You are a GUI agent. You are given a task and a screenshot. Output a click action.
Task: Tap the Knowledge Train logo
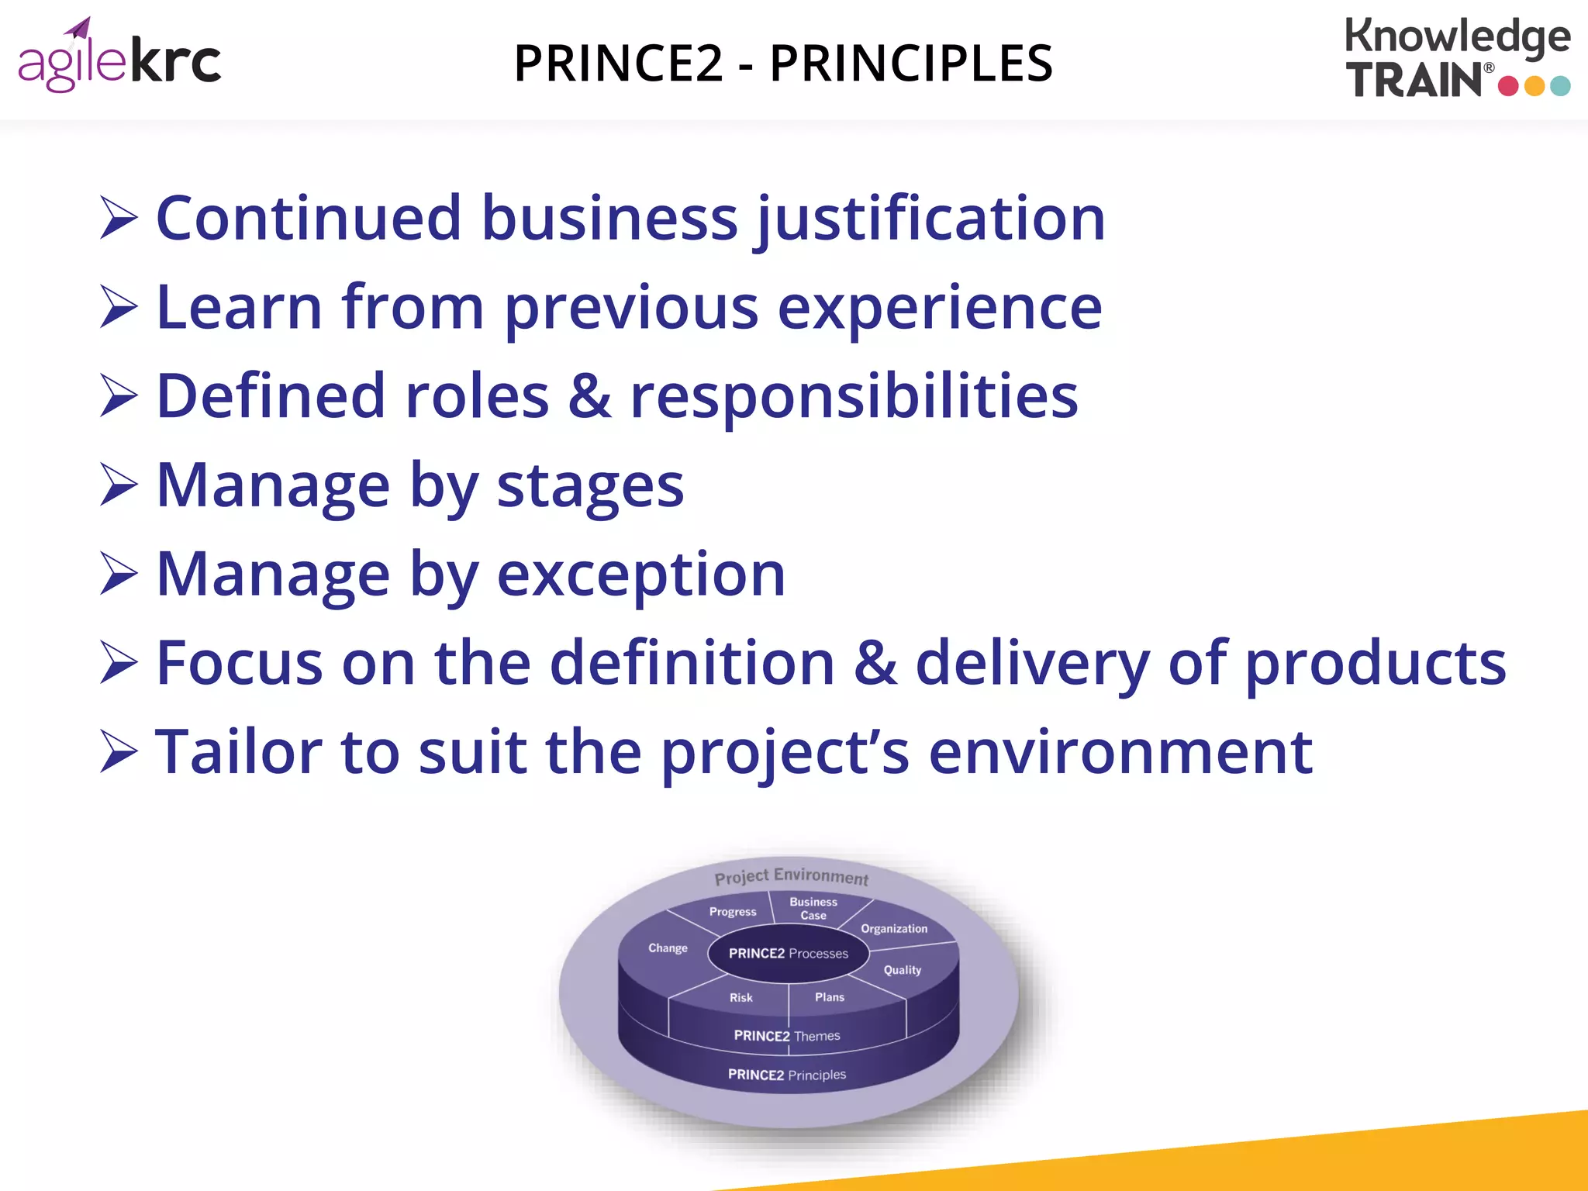click(x=1458, y=58)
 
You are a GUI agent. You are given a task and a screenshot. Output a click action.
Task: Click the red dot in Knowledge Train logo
click(x=1508, y=85)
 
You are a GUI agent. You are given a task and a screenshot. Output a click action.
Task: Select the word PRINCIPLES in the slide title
click(x=911, y=64)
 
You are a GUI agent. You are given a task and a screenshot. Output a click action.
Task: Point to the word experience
click(x=940, y=309)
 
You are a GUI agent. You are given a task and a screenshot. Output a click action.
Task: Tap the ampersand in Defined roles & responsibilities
click(x=589, y=396)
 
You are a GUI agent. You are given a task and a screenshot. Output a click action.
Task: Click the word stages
click(x=590, y=487)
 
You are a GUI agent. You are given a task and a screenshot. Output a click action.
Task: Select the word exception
click(x=640, y=575)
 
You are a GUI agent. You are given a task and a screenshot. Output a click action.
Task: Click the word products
click(x=1376, y=664)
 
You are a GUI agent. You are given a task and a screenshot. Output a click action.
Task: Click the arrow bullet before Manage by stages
click(x=119, y=485)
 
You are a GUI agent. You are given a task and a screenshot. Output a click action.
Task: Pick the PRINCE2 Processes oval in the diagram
click(x=788, y=954)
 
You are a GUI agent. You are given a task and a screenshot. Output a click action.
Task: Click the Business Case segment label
click(x=813, y=908)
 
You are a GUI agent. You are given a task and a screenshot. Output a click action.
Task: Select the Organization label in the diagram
click(x=894, y=929)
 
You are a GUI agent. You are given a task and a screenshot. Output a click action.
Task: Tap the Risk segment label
click(x=740, y=998)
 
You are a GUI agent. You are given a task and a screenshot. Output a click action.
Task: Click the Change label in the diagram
click(x=668, y=948)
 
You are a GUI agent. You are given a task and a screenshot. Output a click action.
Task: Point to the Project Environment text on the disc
click(x=791, y=877)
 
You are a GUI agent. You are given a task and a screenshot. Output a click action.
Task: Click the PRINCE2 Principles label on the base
click(x=786, y=1075)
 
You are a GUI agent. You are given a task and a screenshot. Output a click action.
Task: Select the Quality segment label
click(x=903, y=970)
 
